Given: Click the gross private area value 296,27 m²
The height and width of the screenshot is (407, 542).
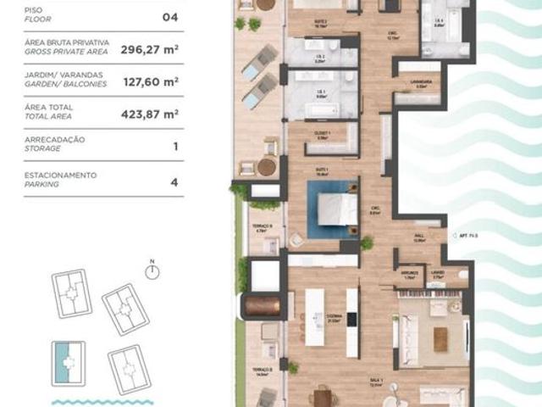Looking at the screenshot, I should (x=149, y=49).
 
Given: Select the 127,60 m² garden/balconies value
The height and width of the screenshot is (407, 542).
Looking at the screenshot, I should (x=149, y=81).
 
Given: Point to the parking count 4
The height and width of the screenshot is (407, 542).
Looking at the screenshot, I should (x=174, y=180).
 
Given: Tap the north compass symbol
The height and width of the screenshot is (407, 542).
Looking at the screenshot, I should (x=152, y=271).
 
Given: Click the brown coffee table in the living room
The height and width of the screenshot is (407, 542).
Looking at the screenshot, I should (x=440, y=338).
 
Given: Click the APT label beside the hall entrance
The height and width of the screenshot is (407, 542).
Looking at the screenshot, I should (x=467, y=234).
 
